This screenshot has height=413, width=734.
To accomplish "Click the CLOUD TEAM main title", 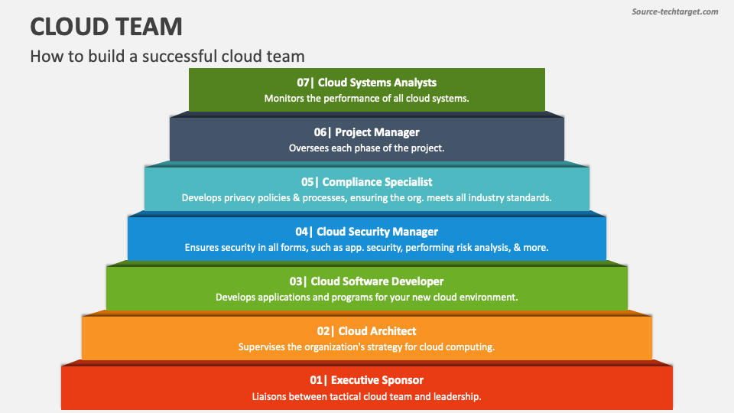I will pyautogui.click(x=106, y=27).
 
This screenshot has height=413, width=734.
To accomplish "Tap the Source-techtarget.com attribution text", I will pyautogui.click(x=675, y=11).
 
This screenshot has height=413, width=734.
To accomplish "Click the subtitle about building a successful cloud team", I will pyautogui.click(x=167, y=56).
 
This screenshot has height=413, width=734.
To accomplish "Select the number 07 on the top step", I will pyautogui.click(x=304, y=83).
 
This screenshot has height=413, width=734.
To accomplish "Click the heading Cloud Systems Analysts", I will pyautogui.click(x=377, y=83).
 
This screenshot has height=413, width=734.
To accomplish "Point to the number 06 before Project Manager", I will pyautogui.click(x=321, y=132).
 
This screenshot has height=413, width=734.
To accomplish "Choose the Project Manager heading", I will pyautogui.click(x=377, y=132).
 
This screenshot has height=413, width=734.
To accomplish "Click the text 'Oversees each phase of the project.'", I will pyautogui.click(x=366, y=148).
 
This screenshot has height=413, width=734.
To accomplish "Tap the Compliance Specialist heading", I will pyautogui.click(x=377, y=182).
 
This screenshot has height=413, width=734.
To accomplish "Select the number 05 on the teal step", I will pyautogui.click(x=309, y=182).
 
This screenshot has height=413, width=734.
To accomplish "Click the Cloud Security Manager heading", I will pyautogui.click(x=377, y=232).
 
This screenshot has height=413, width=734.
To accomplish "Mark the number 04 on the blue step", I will pyautogui.click(x=303, y=232).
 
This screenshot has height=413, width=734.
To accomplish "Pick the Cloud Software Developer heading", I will pyautogui.click(x=377, y=281).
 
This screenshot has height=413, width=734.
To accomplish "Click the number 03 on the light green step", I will pyautogui.click(x=297, y=281).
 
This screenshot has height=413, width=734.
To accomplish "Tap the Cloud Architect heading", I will pyautogui.click(x=377, y=331).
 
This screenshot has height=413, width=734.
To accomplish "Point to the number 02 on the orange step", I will pyautogui.click(x=325, y=331).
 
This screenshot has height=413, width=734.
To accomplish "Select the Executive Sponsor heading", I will pyautogui.click(x=377, y=380).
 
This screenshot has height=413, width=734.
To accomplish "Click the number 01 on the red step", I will pyautogui.click(x=317, y=380).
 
